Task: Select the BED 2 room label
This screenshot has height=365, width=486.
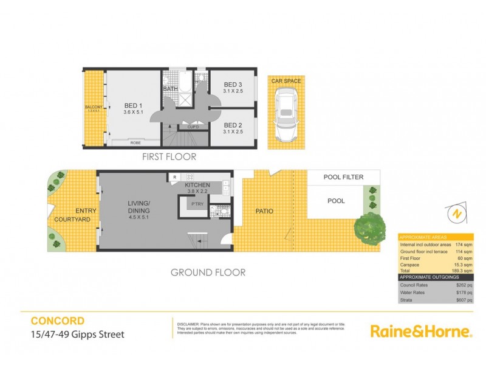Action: point(233,127)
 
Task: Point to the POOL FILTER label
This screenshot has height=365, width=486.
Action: point(343,177)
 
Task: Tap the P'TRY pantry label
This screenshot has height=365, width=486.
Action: point(197,204)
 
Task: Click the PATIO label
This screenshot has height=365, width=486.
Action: point(264,212)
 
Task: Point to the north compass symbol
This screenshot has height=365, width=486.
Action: point(454,214)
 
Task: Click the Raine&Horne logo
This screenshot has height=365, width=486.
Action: point(421,332)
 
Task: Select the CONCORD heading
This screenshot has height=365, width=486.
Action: point(57,321)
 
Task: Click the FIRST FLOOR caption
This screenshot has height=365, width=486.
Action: point(169,156)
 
